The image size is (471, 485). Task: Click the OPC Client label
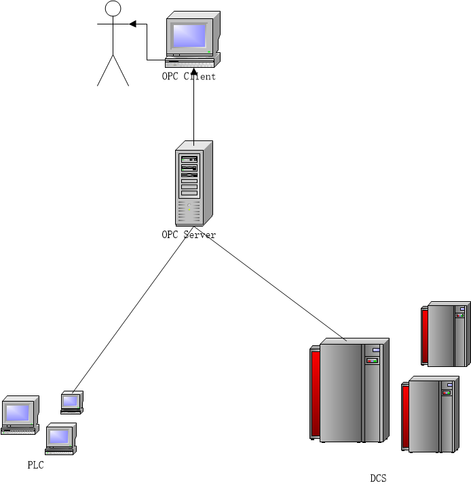(x=189, y=77)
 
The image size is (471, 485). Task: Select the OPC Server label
(x=189, y=235)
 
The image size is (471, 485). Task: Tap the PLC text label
(x=35, y=465)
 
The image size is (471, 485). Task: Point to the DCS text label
(x=378, y=478)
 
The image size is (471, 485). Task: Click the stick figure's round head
(x=113, y=8)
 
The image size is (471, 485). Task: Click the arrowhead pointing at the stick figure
(x=133, y=24)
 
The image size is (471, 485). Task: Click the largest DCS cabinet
(x=350, y=390)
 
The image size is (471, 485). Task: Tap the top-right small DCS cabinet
(x=445, y=334)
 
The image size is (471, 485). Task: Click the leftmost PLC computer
(x=19, y=414)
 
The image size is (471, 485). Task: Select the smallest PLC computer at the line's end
(x=71, y=402)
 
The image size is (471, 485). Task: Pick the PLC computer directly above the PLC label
(x=60, y=438)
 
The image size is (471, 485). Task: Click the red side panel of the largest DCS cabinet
(x=315, y=393)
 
